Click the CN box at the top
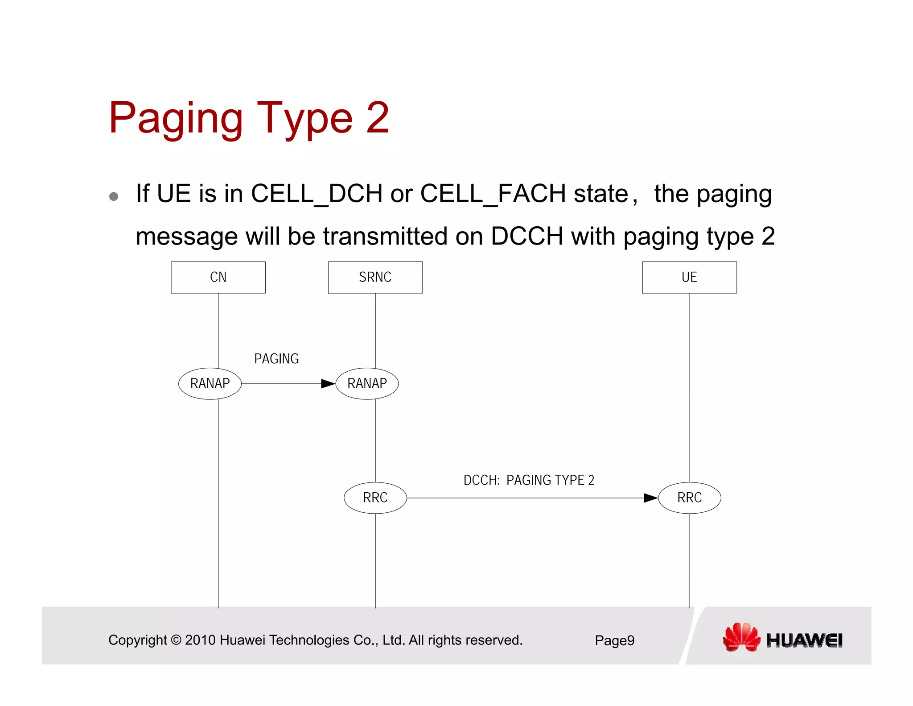218,277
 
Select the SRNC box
375,277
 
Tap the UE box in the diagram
689,277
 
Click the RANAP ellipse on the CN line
210,383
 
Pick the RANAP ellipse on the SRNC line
367,383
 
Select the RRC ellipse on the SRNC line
375,498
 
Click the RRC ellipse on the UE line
689,498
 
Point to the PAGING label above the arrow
276,359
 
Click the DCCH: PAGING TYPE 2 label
529,480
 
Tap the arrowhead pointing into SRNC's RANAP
328,384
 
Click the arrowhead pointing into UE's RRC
651,498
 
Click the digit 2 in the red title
378,118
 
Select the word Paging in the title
176,119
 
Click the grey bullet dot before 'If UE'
114,197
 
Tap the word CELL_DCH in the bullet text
317,194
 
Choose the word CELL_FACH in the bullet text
493,194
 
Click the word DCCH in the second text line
527,236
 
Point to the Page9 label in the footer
614,640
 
